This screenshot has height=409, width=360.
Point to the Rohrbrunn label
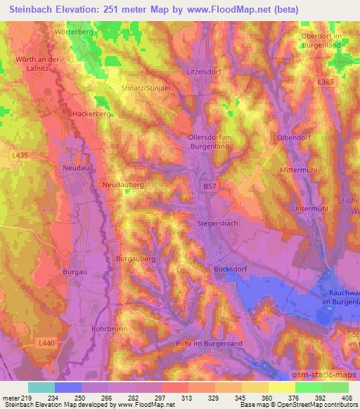click(108, 328)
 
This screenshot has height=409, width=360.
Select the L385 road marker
click(325, 83)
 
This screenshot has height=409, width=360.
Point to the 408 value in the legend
click(347, 398)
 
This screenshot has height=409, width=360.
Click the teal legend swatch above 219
click(41, 387)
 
